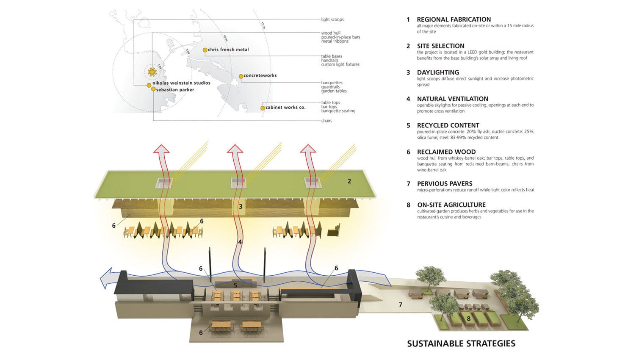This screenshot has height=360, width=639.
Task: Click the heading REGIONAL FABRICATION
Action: coord(454,19)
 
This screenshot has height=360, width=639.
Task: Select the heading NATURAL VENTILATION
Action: coord(452,99)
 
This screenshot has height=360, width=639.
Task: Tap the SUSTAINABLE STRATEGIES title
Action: coord(461,343)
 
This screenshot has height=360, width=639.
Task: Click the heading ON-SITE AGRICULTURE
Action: coord(451,205)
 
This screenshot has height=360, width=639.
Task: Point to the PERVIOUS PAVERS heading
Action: coord(445,184)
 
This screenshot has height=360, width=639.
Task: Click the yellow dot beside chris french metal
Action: coord(205,50)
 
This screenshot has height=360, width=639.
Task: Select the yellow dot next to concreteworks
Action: coord(241,76)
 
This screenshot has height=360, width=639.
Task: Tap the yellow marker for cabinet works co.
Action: coord(263,108)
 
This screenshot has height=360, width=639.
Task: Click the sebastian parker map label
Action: coord(175,90)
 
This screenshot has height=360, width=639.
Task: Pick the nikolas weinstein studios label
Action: coord(181,83)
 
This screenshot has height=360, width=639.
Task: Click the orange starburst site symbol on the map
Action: coord(152,72)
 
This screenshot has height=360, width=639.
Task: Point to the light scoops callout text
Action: coord(332,19)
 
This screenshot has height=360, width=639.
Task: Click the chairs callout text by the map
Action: coord(326,121)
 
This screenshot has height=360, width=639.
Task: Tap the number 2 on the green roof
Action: coord(349,181)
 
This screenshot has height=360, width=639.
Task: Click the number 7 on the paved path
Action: coord(400,305)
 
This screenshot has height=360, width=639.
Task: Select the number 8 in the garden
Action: coord(468,318)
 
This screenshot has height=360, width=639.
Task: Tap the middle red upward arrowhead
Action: coord(235,149)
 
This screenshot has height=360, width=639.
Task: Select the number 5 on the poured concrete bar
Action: coord(235,285)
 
